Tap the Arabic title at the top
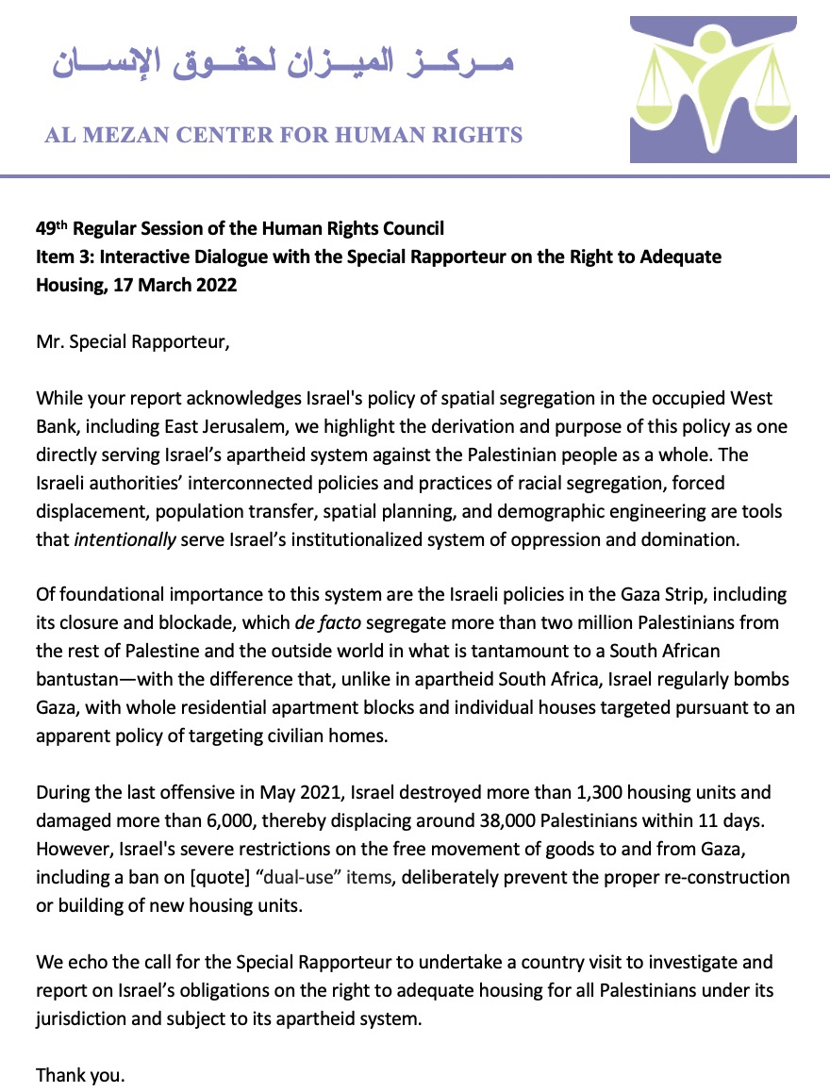[281, 64]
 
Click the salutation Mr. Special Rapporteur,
[132, 341]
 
